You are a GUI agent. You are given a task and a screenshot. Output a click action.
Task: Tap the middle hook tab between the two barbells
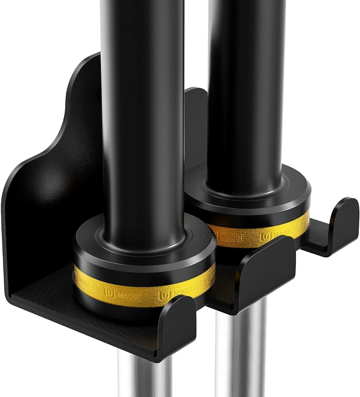(270, 262)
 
